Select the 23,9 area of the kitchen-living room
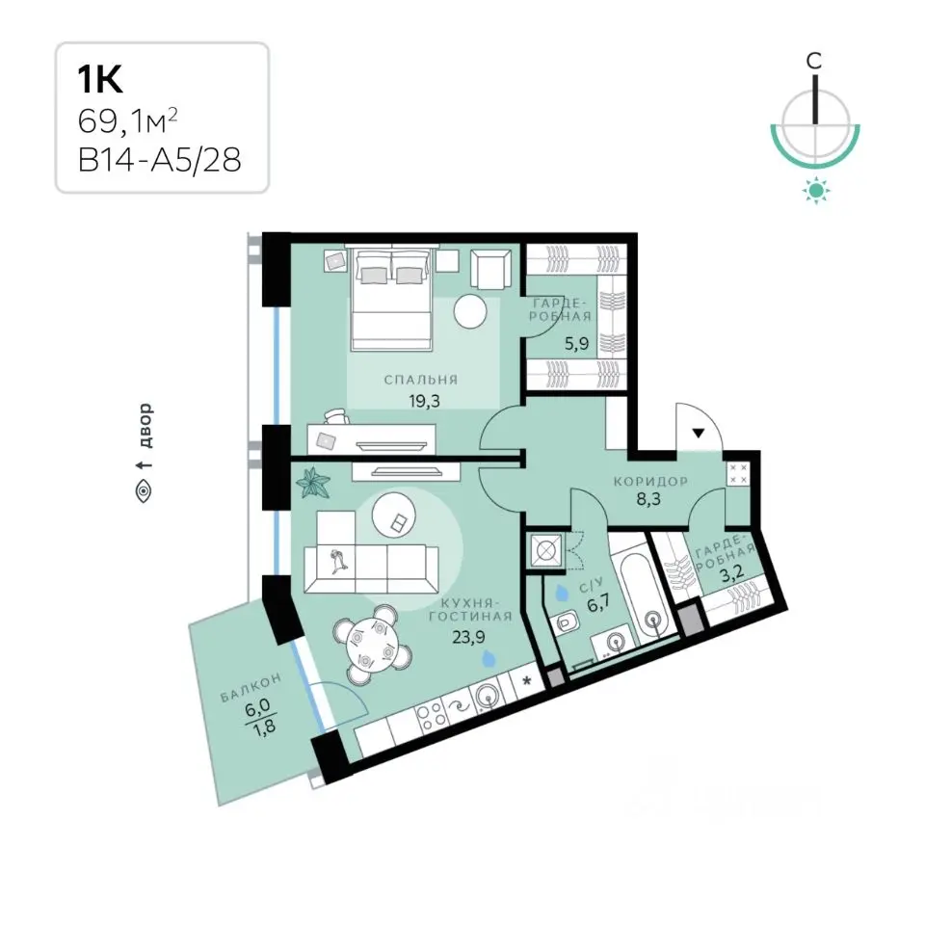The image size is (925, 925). tap(468, 635)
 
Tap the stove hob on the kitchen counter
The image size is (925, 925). tap(428, 714)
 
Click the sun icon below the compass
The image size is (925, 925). tap(815, 191)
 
